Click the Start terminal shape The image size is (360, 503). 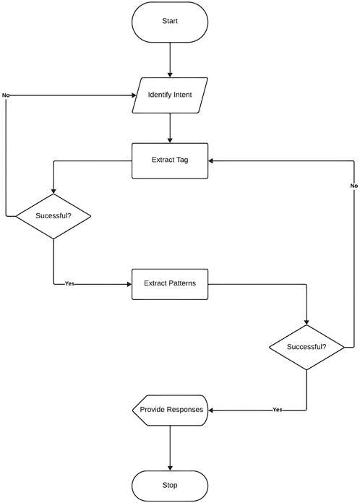[x=170, y=22]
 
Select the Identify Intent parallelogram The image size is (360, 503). [x=170, y=95]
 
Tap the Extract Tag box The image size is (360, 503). [x=170, y=160]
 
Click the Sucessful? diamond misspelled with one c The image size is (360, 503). [x=53, y=216]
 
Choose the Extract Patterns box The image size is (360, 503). [x=170, y=283]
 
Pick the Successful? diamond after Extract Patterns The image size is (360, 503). [x=307, y=347]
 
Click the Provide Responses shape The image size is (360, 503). [x=171, y=410]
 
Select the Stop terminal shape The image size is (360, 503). [x=170, y=485]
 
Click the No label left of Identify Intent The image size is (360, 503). [x=6, y=95]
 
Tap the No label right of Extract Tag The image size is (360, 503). [x=353, y=186]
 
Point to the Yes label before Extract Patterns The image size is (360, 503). [x=69, y=283]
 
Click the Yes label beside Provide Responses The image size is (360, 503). [x=277, y=410]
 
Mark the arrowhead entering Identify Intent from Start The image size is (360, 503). [x=170, y=74]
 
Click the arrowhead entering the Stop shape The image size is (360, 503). [x=170, y=467]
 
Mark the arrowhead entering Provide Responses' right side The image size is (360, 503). [x=213, y=410]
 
